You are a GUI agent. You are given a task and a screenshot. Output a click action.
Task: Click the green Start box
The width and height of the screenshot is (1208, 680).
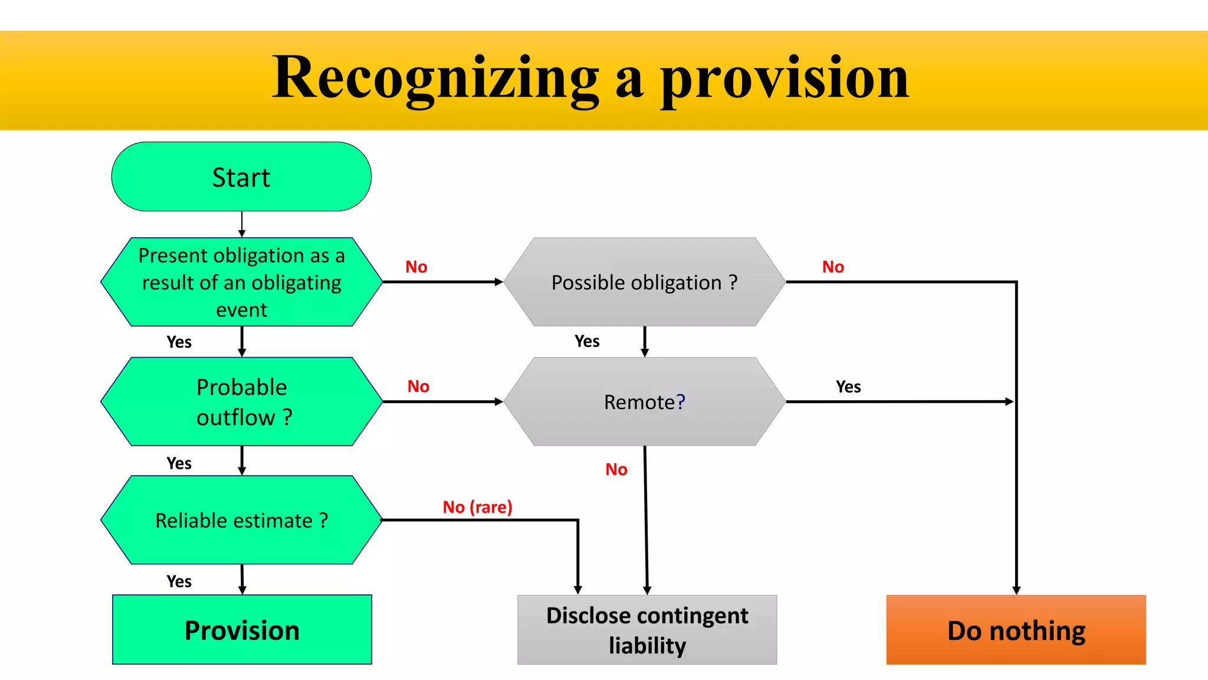(x=241, y=176)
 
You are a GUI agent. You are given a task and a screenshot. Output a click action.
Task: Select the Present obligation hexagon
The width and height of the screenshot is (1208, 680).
(x=241, y=282)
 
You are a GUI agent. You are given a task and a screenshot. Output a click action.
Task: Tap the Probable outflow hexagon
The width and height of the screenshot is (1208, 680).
(x=241, y=401)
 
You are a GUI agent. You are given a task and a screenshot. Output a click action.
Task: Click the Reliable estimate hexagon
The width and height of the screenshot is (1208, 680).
(x=241, y=520)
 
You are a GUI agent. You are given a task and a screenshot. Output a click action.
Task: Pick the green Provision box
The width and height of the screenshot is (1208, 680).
(x=242, y=630)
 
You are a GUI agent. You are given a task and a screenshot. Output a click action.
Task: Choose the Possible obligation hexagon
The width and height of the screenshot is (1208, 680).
(x=644, y=282)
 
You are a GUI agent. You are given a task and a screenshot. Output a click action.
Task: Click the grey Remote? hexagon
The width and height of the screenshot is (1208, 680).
(x=644, y=401)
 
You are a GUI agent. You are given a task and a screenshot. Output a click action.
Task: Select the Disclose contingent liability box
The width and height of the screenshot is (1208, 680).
(x=647, y=630)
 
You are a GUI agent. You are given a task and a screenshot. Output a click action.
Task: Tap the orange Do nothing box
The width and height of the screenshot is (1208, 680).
(x=1016, y=630)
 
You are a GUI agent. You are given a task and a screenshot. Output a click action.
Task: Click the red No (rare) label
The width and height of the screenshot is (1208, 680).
(x=477, y=507)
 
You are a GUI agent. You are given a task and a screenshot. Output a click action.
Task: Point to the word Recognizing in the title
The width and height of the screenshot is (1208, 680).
(x=435, y=78)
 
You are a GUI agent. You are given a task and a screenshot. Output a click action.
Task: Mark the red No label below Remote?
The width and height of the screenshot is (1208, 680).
(x=616, y=469)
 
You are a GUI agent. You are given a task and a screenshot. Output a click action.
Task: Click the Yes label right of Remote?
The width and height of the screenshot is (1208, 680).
(x=848, y=387)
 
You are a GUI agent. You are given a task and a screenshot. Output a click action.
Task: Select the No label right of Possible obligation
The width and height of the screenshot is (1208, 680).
(x=833, y=267)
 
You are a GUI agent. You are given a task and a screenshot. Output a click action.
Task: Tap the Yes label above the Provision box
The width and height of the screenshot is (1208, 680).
(x=179, y=581)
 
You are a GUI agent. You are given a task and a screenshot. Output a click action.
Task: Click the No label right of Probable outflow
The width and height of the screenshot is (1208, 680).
(x=418, y=387)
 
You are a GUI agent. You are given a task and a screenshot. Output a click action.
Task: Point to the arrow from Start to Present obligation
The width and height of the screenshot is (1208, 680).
(x=242, y=224)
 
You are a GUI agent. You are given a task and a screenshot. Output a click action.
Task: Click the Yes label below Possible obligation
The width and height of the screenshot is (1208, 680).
(x=587, y=341)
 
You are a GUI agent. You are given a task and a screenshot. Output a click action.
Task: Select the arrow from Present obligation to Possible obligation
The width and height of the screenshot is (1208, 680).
(x=442, y=282)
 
